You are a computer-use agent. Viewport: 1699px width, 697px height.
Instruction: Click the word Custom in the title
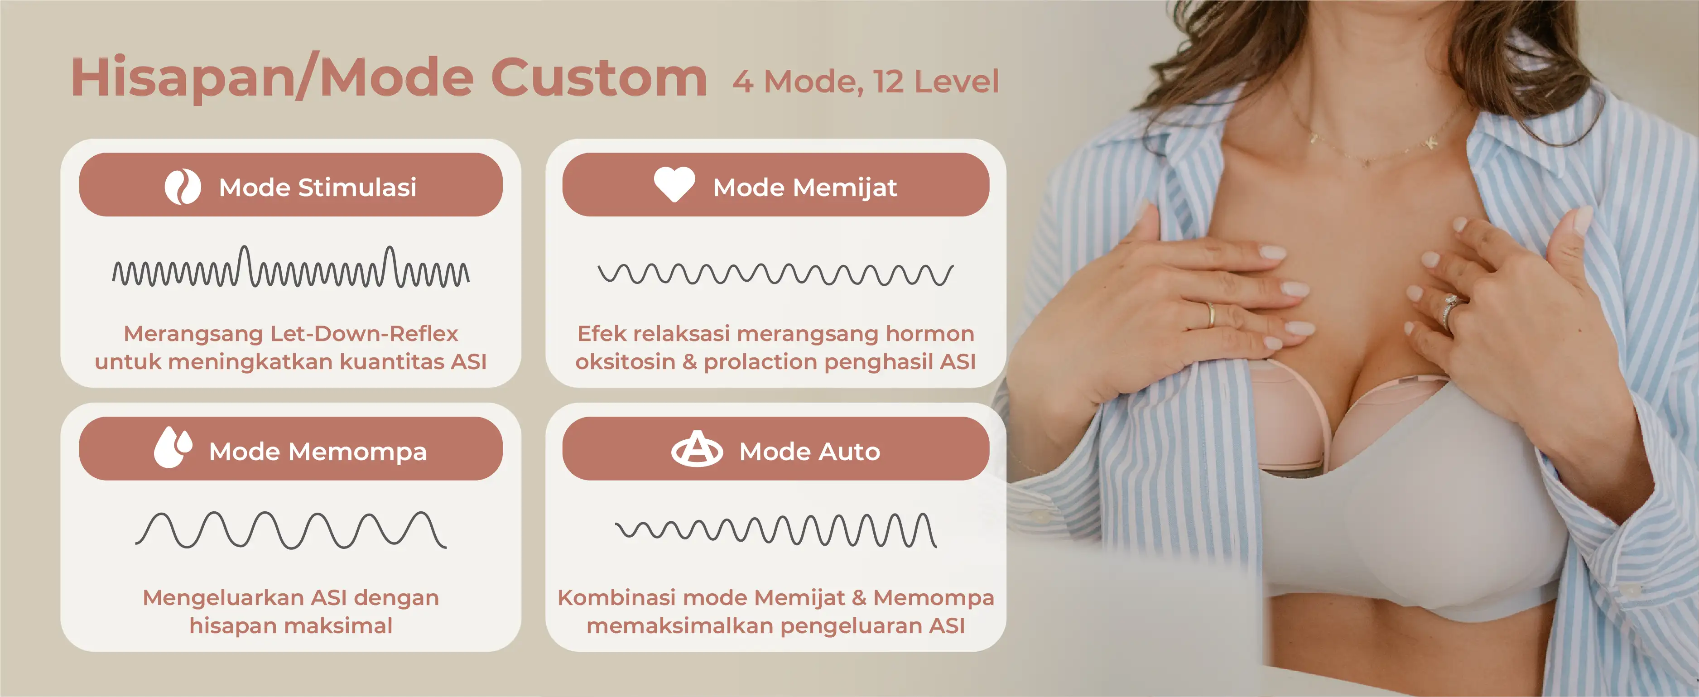tap(599, 78)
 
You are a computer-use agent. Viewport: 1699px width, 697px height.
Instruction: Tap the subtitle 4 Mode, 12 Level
tap(865, 82)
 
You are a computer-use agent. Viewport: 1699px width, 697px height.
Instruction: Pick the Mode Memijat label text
tap(804, 187)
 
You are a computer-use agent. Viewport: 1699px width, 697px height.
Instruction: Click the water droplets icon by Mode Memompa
tap(173, 448)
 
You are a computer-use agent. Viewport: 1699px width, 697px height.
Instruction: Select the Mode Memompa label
tap(318, 452)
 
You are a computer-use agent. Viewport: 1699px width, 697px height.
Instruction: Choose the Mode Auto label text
tap(809, 452)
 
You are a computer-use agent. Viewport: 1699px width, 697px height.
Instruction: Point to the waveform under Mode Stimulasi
tap(291, 267)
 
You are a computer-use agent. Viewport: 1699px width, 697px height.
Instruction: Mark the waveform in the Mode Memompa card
tap(291, 529)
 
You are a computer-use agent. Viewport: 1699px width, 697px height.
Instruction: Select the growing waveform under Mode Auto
tap(775, 529)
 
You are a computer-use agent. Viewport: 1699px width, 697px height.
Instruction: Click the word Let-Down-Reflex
tap(364, 334)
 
